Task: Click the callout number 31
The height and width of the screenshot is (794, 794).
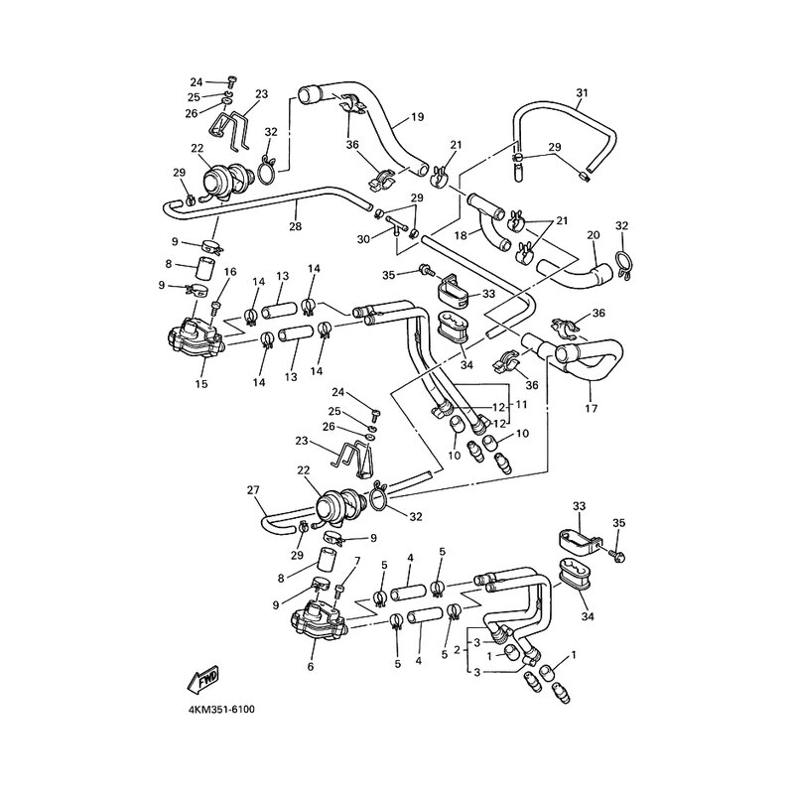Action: coord(582,93)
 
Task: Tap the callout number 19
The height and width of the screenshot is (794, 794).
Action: coord(417,117)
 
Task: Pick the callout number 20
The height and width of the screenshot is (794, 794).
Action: coord(594,235)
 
